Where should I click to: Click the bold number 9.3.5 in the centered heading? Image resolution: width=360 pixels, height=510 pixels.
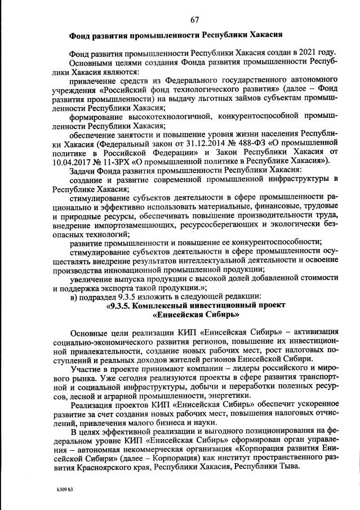(124, 305)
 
